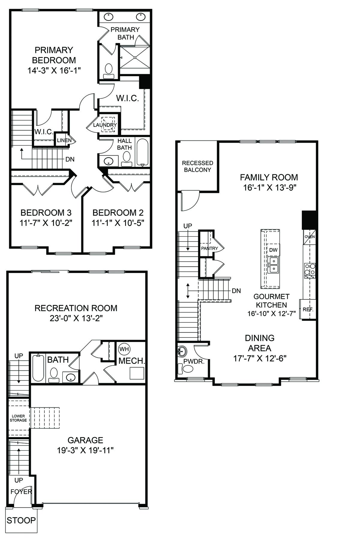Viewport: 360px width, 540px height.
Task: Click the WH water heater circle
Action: coord(124,349)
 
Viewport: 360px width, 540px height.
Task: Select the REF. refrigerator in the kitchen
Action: coord(308,309)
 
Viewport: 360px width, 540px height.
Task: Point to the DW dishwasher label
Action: coord(273,250)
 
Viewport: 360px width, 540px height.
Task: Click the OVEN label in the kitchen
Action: coord(310,237)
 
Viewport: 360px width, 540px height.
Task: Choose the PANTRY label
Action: coord(210,248)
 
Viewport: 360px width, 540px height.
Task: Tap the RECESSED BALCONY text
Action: coord(197,166)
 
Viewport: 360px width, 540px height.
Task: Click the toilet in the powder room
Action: coord(188,368)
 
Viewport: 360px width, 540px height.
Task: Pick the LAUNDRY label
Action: coord(105,125)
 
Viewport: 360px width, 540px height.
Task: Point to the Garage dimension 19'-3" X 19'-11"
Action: coord(85,450)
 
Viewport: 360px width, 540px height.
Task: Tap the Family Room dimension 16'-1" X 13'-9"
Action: coord(270,187)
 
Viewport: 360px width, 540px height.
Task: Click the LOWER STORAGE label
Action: coord(18,418)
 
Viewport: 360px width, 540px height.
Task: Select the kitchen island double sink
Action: coord(273,265)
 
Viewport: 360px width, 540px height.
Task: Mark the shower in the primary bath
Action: coord(135,57)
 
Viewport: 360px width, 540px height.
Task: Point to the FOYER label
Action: coord(21,492)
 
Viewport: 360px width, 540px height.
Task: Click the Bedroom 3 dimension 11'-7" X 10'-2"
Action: coord(46,223)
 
